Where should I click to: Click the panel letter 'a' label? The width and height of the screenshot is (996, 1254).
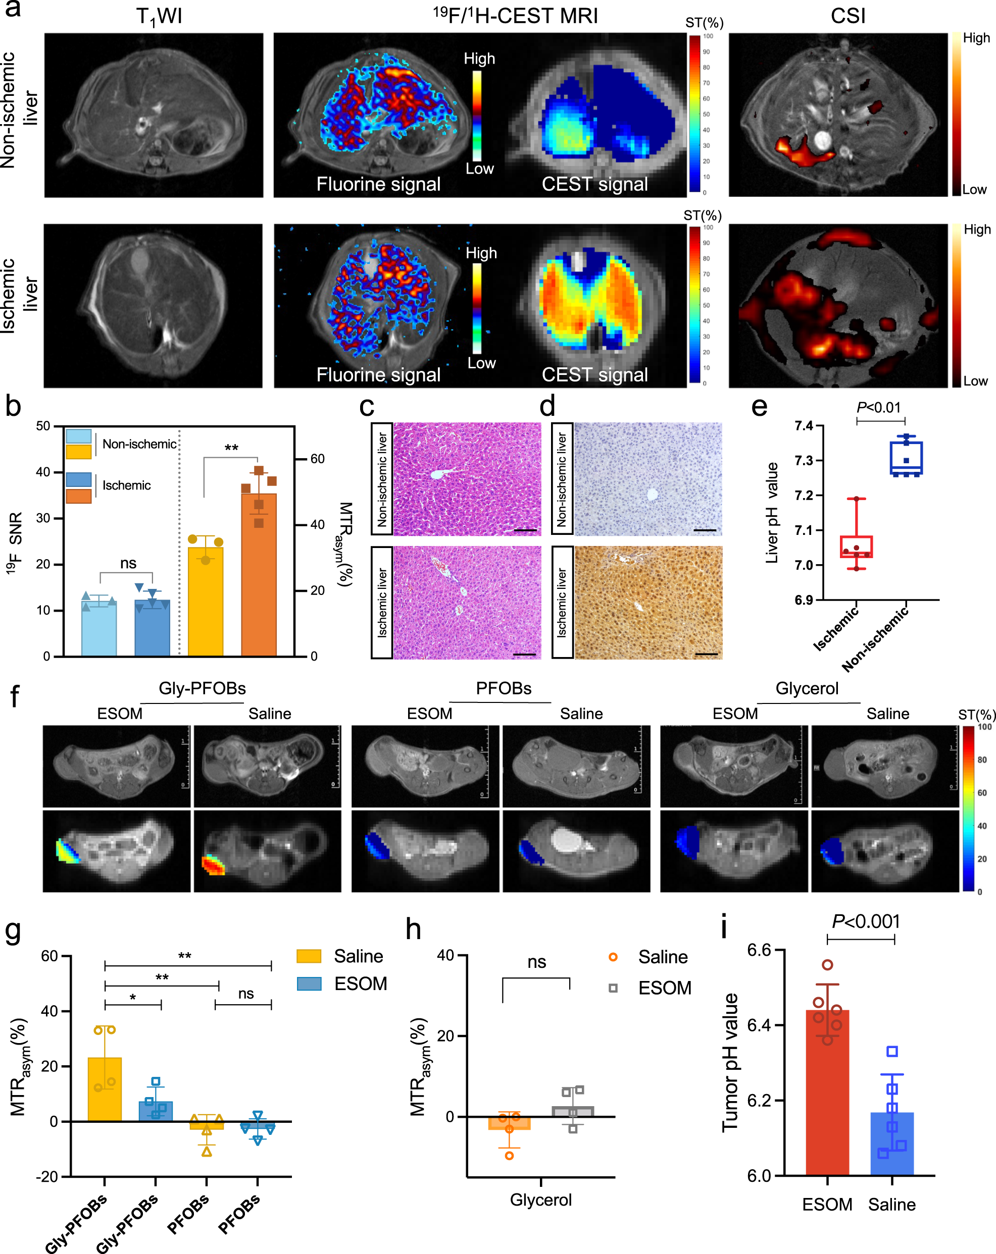point(13,9)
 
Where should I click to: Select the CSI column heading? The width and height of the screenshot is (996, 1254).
point(848,16)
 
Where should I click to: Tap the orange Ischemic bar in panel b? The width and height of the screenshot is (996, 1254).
point(259,576)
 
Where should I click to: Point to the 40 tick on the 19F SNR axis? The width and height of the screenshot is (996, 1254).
point(43,472)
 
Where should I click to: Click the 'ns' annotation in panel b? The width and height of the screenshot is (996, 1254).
point(128,563)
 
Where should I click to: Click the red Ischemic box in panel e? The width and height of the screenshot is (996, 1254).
point(856,547)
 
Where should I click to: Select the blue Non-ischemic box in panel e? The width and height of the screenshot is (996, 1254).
point(906,458)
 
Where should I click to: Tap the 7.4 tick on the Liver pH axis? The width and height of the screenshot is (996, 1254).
point(804,426)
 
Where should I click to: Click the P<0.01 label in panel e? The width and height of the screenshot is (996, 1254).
point(878,408)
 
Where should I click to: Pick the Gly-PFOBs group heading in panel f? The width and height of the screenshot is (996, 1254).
point(202,689)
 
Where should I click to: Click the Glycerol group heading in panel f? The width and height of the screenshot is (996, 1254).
point(807,689)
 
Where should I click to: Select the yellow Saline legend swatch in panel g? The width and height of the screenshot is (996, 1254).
point(309,956)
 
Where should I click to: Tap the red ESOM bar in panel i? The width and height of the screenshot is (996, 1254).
point(827,1094)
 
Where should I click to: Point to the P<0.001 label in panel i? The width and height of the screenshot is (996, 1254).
point(866,921)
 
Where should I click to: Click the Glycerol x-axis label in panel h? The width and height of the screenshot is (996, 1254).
point(541,1200)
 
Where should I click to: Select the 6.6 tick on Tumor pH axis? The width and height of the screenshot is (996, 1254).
point(759,950)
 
